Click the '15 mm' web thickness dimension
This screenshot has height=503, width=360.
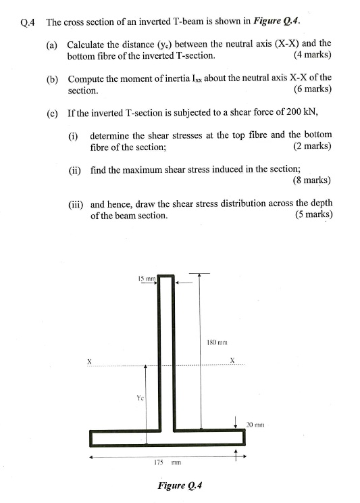(147, 277)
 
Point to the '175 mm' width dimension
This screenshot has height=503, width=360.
(166, 463)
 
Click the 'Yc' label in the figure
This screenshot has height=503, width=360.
(140, 398)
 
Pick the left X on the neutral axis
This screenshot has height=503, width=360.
(89, 360)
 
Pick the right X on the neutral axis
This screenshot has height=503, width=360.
(232, 360)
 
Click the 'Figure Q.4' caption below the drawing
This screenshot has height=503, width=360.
(180, 485)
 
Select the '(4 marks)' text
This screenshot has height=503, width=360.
(313, 55)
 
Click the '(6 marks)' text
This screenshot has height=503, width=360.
(313, 89)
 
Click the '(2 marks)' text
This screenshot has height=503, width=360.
(312, 145)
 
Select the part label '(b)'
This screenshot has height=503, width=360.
(52, 78)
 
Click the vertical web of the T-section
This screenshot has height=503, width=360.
(166, 352)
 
